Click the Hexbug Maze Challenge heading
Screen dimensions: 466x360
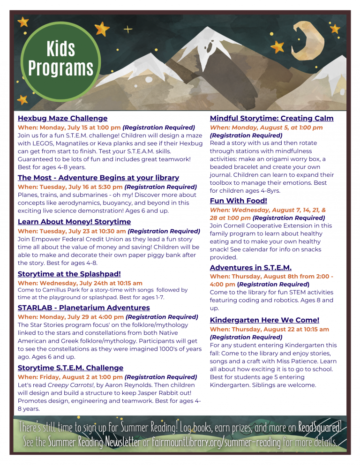[62, 118]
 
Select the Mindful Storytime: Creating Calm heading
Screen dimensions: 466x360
[271, 118]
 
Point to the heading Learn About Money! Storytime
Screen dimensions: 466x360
[74, 221]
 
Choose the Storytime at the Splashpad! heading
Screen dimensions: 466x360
[69, 274]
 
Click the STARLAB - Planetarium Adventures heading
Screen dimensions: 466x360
[83, 308]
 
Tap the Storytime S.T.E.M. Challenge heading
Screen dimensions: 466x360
[70, 368]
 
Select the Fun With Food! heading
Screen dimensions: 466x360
[238, 201]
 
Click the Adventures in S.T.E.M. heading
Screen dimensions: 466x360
[250, 267]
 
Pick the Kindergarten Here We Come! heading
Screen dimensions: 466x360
[264, 320]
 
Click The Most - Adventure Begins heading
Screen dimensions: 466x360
[98, 178]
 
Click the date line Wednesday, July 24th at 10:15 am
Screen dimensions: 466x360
[80, 283]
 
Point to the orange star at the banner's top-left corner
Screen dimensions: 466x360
[22, 22]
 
